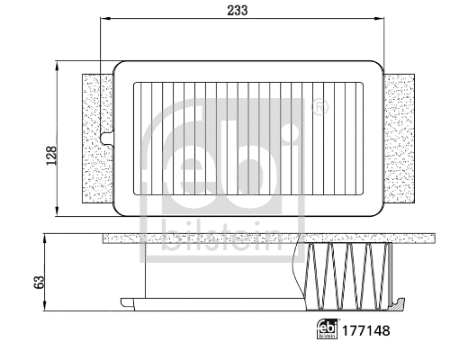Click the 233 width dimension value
coord(238,10)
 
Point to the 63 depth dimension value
coord(39,280)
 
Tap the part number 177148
coord(367,330)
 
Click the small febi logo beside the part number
coord(328,330)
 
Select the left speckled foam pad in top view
coord(97,139)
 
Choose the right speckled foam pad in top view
coord(400,139)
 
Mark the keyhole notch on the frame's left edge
coord(109,139)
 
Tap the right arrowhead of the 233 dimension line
coord(382,20)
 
